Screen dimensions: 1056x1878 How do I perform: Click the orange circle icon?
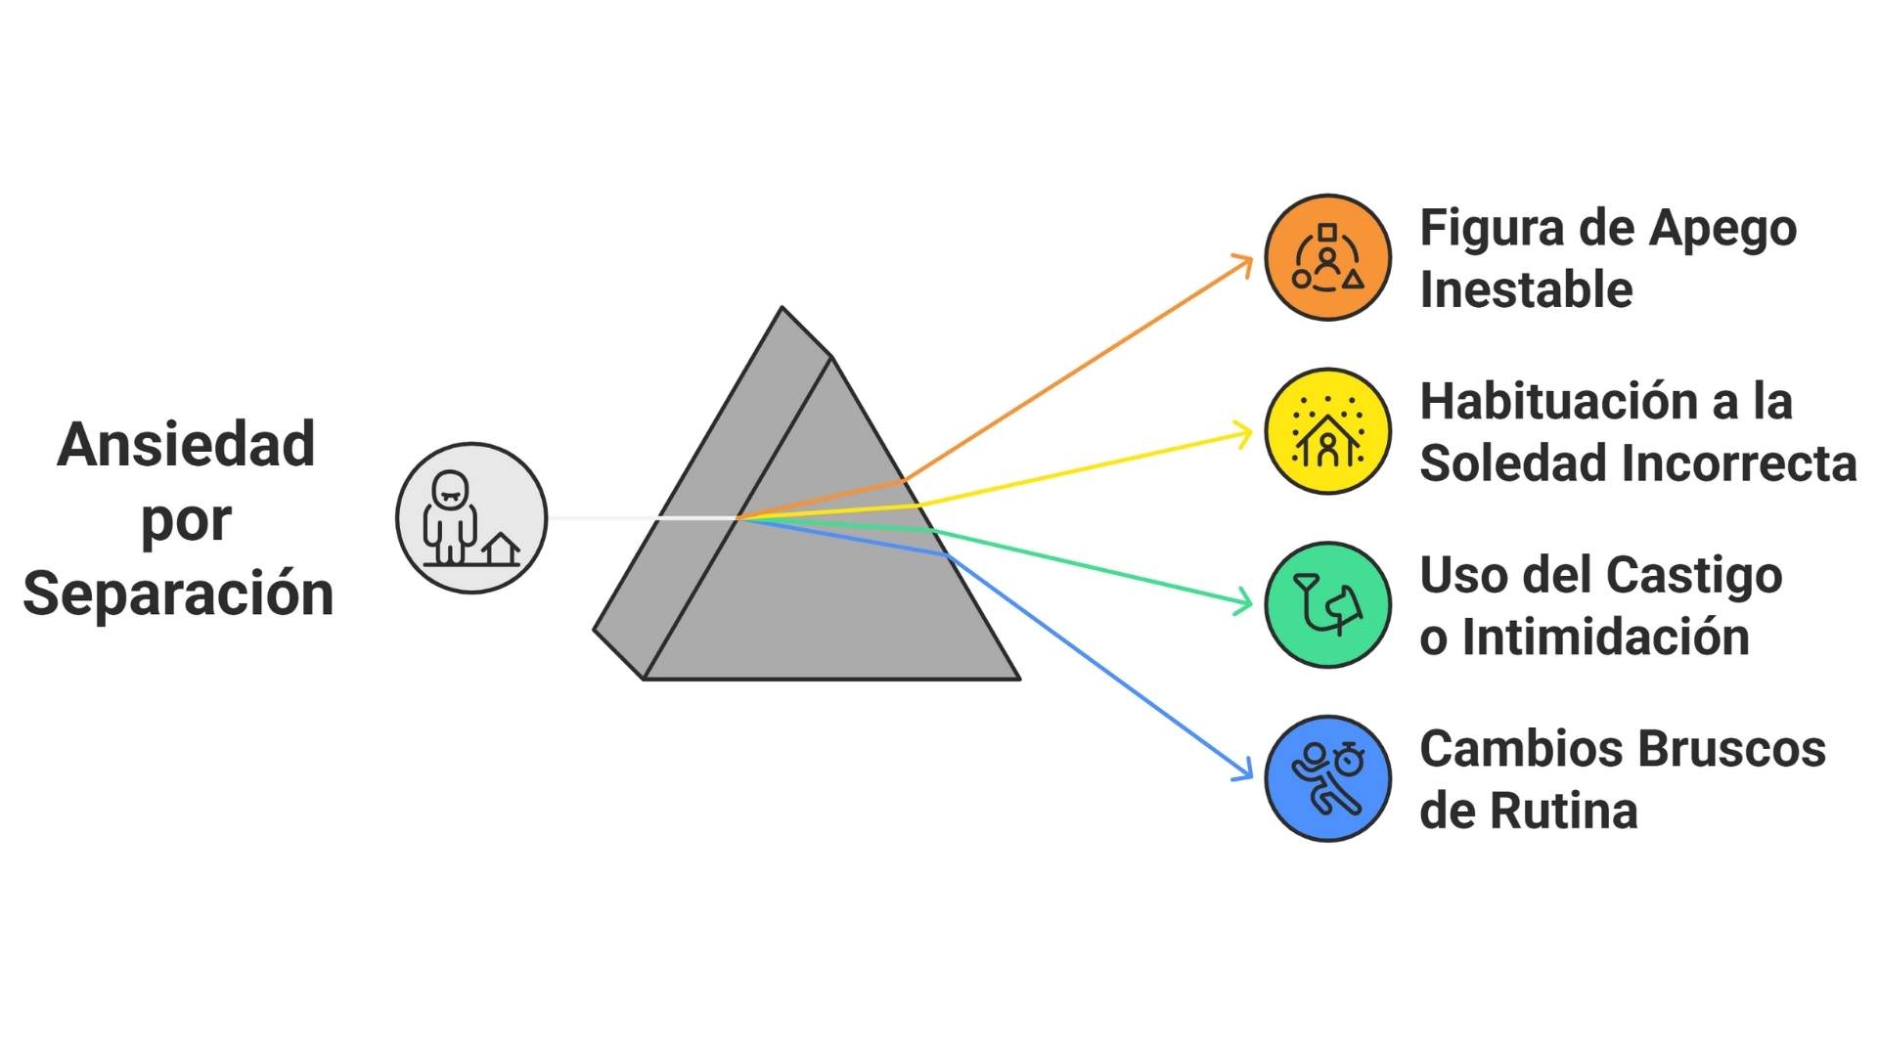pyautogui.click(x=1327, y=257)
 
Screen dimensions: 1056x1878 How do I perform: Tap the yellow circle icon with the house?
pyautogui.click(x=1327, y=431)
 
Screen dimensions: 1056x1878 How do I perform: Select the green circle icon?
pyautogui.click(x=1327, y=605)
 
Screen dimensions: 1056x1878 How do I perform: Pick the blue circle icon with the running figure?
pyautogui.click(x=1327, y=778)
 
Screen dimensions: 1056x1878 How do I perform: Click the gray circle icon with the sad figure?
pyautogui.click(x=471, y=518)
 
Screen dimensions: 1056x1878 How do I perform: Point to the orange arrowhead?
pyautogui.click(x=1245, y=262)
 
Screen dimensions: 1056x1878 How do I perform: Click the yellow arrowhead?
pyautogui.click(x=1245, y=433)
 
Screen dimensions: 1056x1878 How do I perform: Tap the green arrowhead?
pyautogui.click(x=1245, y=602)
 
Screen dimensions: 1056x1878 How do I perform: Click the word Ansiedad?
pyautogui.click(x=186, y=445)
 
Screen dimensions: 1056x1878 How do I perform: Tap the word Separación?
pyautogui.click(x=179, y=594)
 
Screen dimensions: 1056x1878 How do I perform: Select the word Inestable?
pyautogui.click(x=1526, y=290)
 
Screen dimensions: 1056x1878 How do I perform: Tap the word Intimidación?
pyautogui.click(x=1605, y=638)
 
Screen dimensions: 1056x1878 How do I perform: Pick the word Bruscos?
pyautogui.click(x=1731, y=750)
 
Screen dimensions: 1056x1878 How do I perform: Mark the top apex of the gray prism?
pyautogui.click(x=782, y=308)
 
